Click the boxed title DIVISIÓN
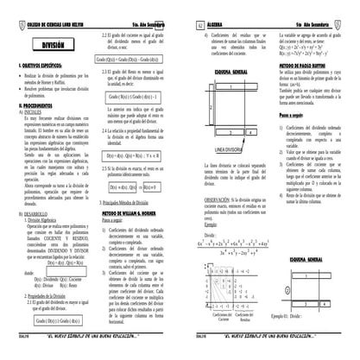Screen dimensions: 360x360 coord(48,42)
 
